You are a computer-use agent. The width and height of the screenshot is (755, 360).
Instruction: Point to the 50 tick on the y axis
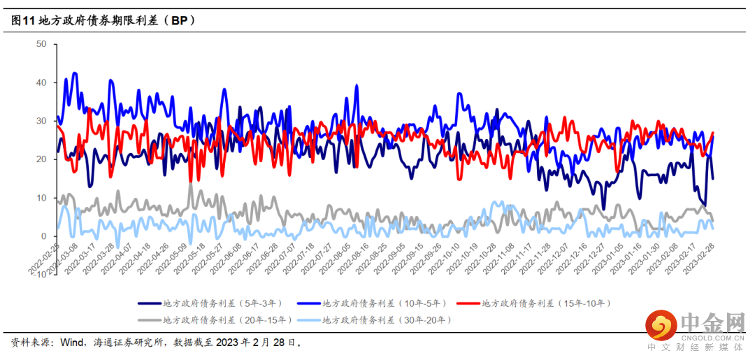pos(41,44)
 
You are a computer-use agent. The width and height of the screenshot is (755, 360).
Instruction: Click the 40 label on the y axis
pos(41,82)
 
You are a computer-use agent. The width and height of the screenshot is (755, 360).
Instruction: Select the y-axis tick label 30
pos(41,121)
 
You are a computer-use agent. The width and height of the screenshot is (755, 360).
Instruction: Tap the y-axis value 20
pos(41,159)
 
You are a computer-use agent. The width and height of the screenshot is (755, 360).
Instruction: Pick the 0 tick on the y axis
pos(43,236)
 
